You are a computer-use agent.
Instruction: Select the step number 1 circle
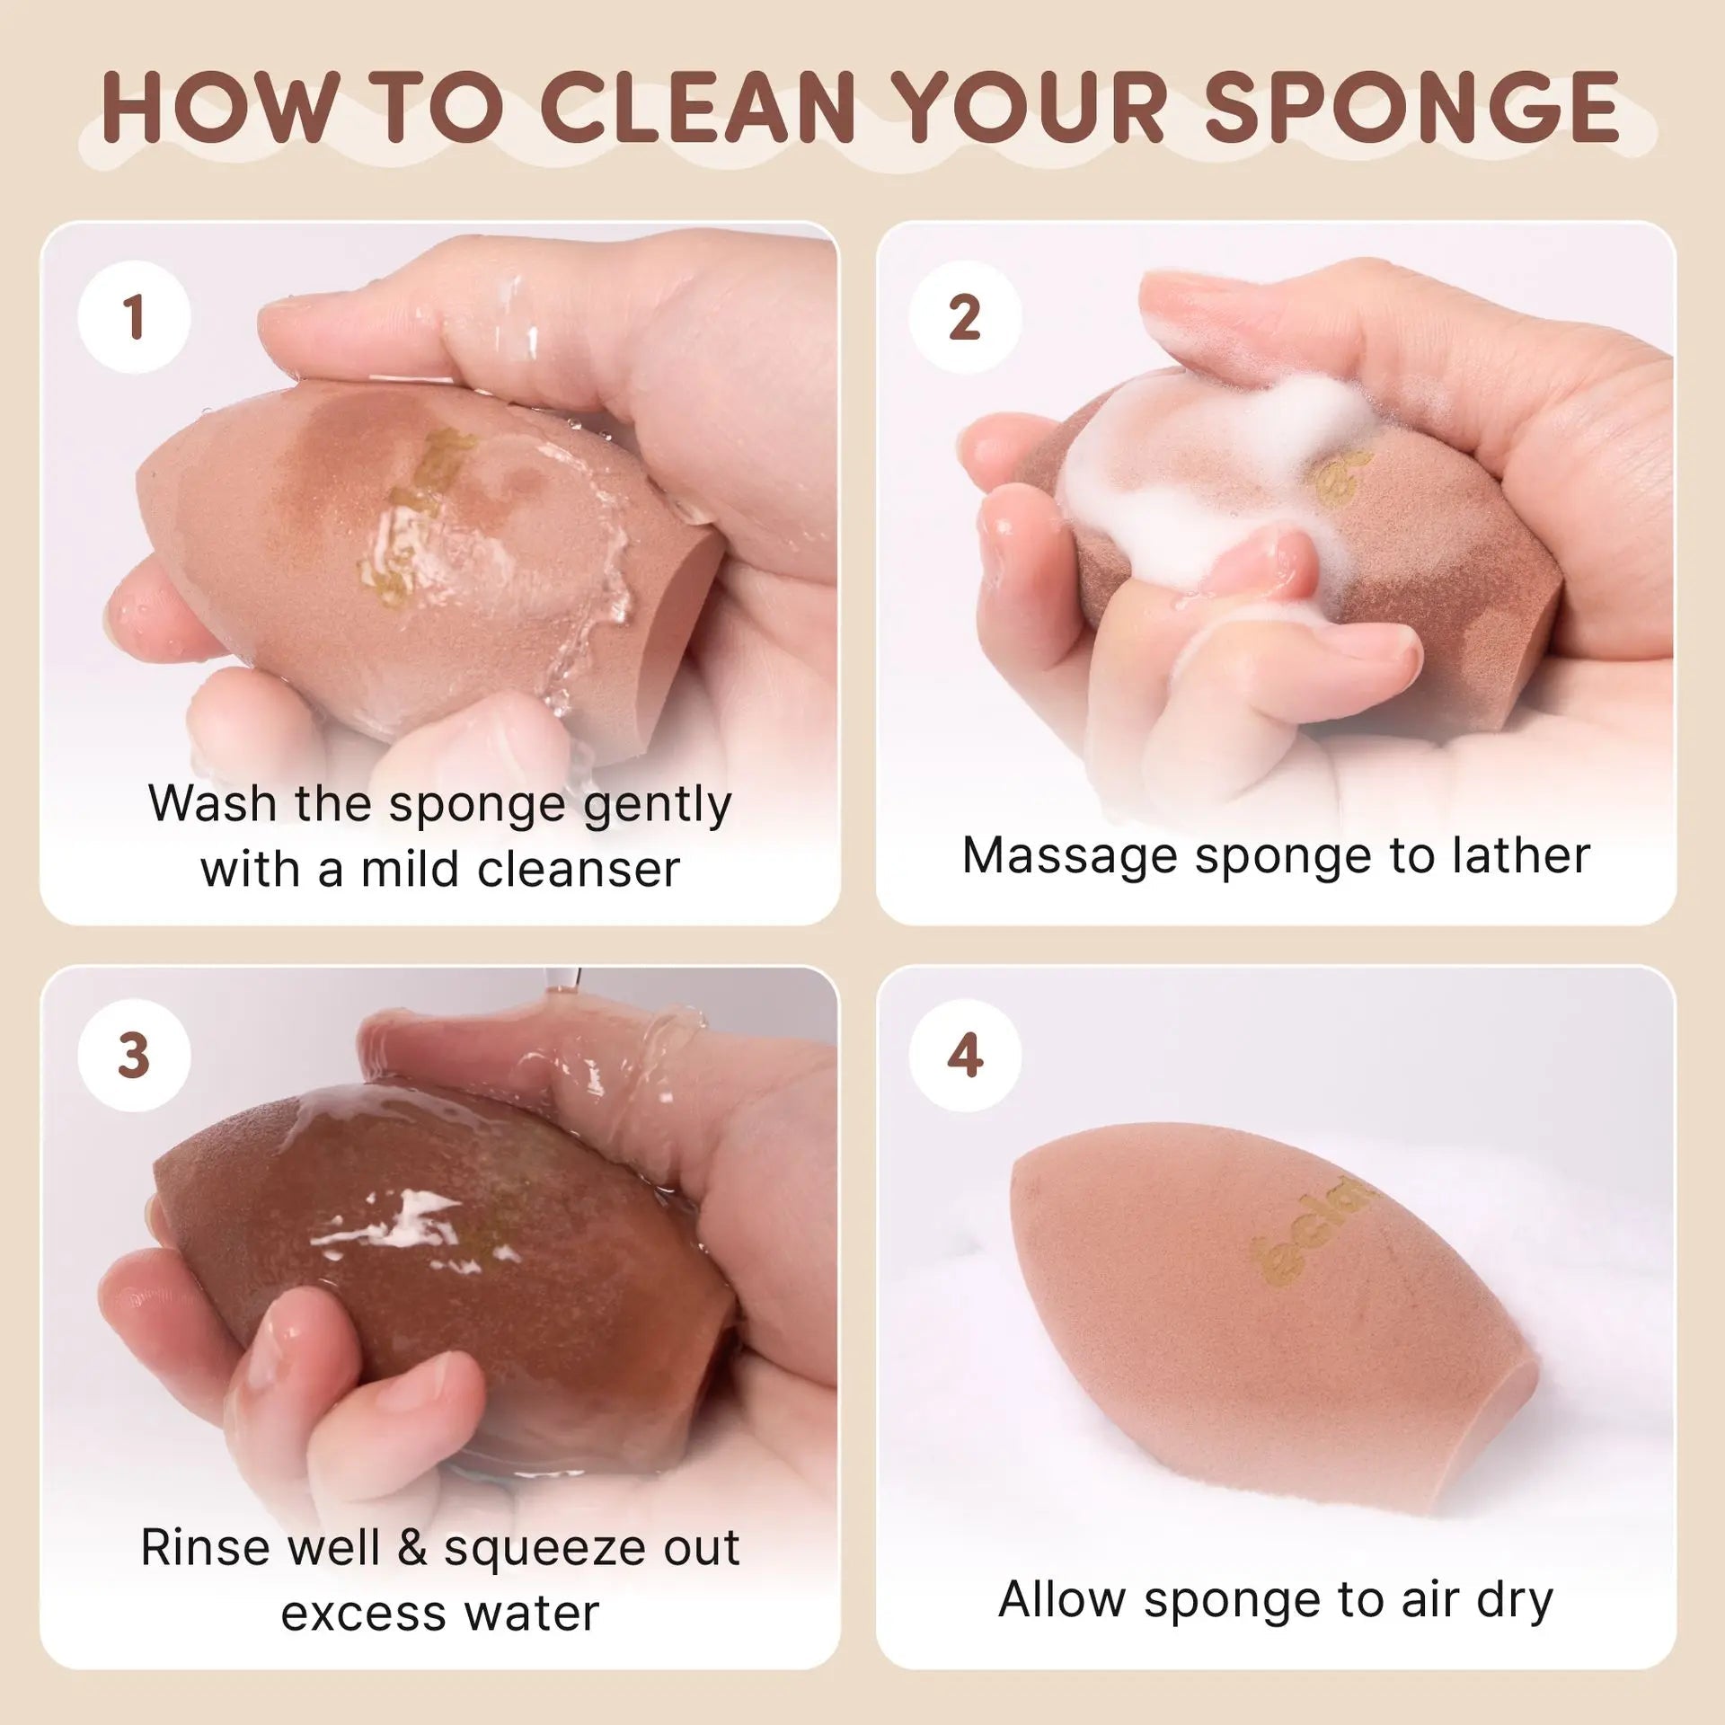point(135,316)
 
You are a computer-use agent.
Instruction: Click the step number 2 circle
point(964,316)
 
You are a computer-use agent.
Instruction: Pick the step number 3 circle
point(135,1055)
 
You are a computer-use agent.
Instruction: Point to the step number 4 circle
point(964,1055)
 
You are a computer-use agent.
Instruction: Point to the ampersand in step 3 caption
point(411,1547)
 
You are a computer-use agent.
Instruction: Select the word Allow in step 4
point(1062,1598)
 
